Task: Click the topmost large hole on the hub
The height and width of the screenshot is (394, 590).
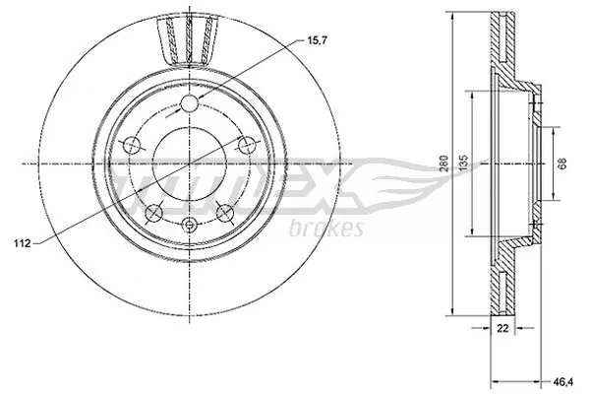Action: click(x=190, y=105)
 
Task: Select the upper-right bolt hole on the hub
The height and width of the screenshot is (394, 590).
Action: click(x=244, y=145)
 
